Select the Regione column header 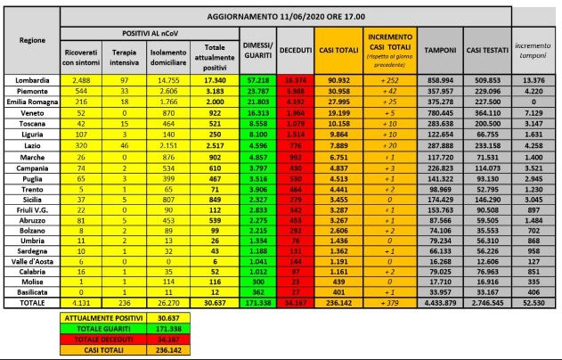click(31, 41)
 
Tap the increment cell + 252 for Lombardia click(387, 80)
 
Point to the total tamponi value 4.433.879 click(441, 303)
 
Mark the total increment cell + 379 click(387, 303)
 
